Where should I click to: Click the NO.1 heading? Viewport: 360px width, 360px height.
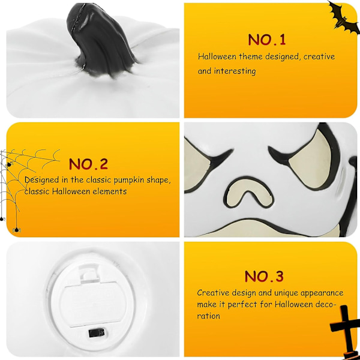click(x=267, y=40)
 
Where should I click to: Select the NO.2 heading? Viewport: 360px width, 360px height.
click(x=88, y=164)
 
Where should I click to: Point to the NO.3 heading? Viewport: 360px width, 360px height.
click(x=264, y=276)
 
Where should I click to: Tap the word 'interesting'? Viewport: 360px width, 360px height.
click(x=235, y=71)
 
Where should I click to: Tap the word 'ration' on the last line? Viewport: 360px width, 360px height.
click(x=208, y=316)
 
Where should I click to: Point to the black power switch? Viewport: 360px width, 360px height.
click(x=97, y=332)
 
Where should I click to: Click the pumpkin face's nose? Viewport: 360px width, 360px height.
click(x=248, y=192)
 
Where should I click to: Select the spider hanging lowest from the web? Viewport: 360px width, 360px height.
click(x=17, y=230)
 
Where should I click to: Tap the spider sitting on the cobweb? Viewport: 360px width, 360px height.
click(x=9, y=164)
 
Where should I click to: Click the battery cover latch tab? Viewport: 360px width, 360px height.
click(x=89, y=274)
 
